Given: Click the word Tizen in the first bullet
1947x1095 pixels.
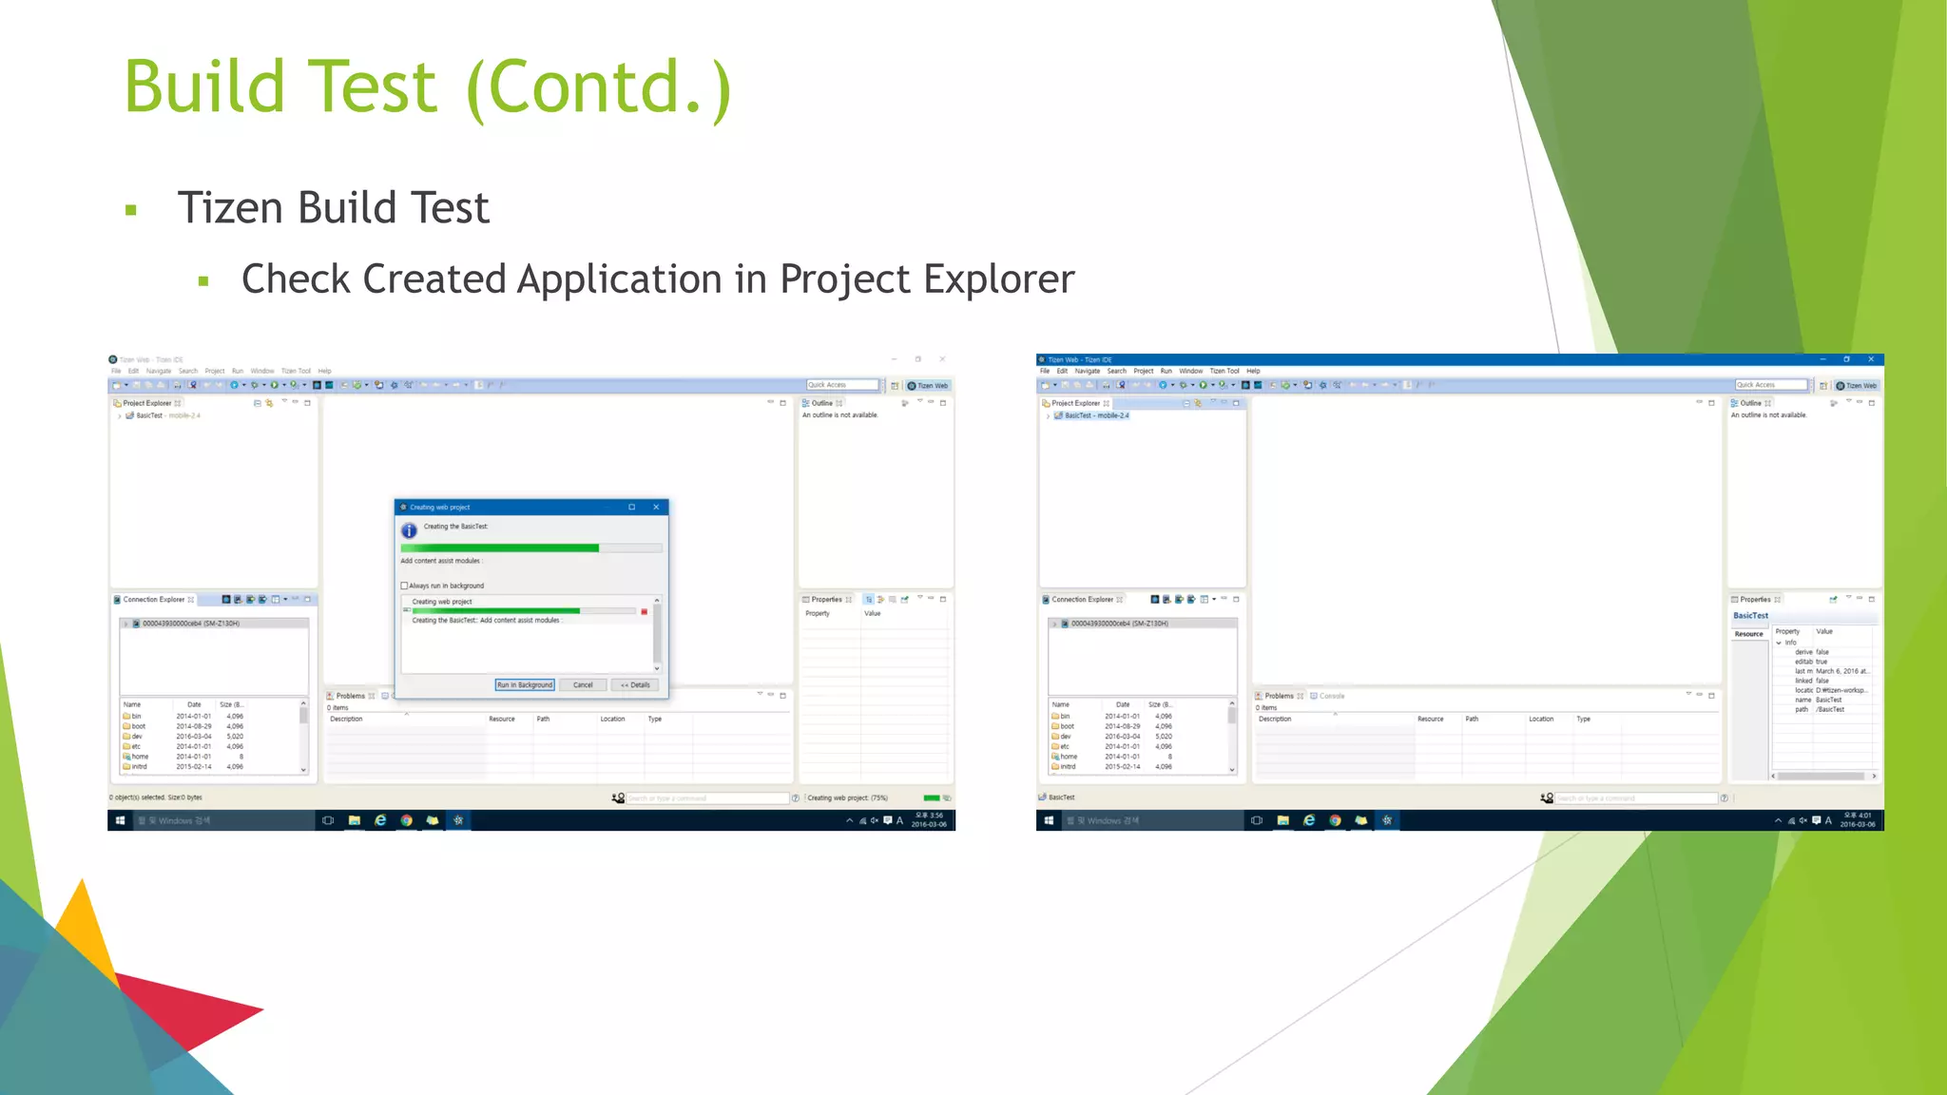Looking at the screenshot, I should (x=229, y=208).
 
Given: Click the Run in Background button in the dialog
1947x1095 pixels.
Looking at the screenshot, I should (x=524, y=684).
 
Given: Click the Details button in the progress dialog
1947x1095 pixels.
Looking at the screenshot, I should (x=635, y=684).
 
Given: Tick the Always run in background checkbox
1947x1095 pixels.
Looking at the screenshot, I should (x=404, y=586).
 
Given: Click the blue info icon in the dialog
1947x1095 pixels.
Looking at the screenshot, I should (x=409, y=530).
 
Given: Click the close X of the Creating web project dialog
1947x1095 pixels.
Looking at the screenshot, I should (x=656, y=508).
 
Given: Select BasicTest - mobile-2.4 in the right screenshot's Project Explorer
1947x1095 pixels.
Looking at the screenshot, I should (x=1096, y=415).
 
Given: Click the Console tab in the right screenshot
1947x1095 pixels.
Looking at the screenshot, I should (x=1331, y=696).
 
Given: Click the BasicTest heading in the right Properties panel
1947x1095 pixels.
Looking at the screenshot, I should (x=1750, y=615).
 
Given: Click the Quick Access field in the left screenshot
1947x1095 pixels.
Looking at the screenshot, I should (x=841, y=385).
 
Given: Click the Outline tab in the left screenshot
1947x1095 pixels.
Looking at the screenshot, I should (x=821, y=403).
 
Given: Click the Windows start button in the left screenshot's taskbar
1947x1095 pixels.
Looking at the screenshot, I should (x=120, y=820).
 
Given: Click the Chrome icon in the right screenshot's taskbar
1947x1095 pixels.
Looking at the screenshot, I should (x=1335, y=820).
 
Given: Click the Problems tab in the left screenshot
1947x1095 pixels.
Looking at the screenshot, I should (x=350, y=696).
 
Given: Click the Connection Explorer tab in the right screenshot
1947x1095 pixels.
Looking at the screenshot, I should (x=1082, y=600).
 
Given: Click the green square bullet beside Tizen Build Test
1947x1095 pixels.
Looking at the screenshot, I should (x=131, y=210).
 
